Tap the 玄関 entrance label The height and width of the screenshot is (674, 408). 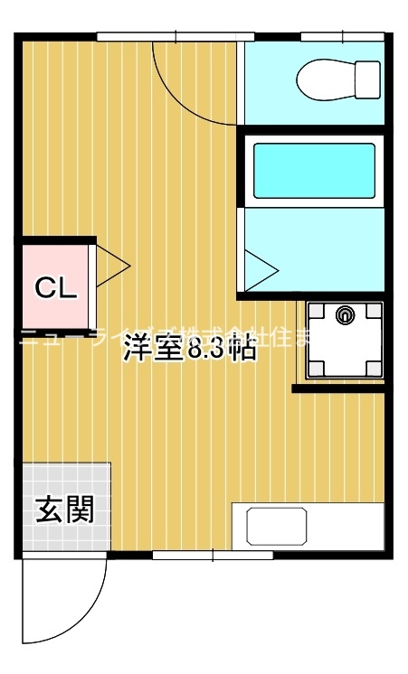pos(64,510)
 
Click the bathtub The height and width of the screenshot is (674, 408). pos(313,171)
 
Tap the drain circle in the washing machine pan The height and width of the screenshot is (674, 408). pos(344,315)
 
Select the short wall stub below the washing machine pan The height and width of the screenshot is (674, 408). pos(341,388)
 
